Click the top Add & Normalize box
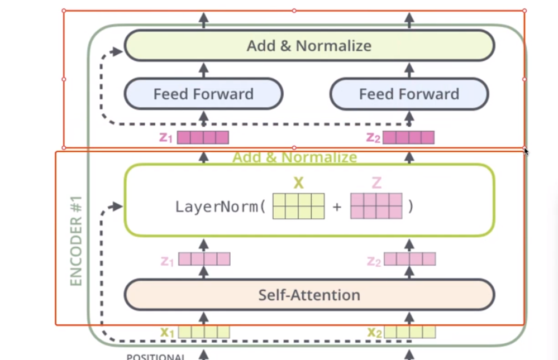309,45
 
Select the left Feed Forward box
203,94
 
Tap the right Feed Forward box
409,94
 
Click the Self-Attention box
309,295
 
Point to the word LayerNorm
217,207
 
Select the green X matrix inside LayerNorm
298,206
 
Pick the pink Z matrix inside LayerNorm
376,206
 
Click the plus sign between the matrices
337,207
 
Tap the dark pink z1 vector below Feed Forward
203,137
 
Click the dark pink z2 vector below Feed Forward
408,137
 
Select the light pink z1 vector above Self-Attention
204,259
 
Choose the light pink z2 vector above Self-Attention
409,259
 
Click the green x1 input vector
203,332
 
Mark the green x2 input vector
409,332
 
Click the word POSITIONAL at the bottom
155,357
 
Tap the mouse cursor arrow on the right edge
526,151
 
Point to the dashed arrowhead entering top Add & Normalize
117,51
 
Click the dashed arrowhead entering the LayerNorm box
117,207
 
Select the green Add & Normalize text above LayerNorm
294,157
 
